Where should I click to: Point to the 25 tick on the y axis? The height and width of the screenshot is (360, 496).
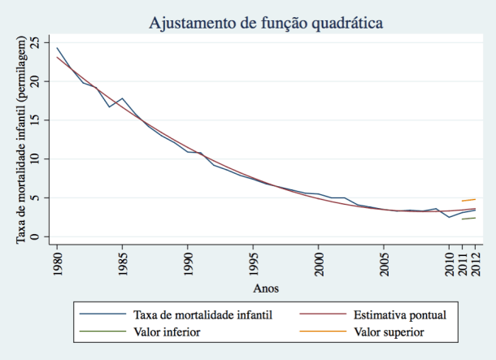pyautogui.click(x=33, y=42)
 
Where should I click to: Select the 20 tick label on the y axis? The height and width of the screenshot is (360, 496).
pyautogui.click(x=33, y=81)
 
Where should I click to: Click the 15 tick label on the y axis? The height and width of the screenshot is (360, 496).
pyautogui.click(x=33, y=120)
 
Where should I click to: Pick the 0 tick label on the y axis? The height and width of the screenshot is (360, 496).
pyautogui.click(x=33, y=237)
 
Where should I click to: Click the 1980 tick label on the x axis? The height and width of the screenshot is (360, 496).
pyautogui.click(x=57, y=262)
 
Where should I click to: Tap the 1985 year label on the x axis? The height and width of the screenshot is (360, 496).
pyautogui.click(x=122, y=262)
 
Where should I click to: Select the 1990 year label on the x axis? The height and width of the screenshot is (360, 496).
pyautogui.click(x=187, y=262)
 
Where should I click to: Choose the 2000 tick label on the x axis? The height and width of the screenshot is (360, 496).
pyautogui.click(x=318, y=262)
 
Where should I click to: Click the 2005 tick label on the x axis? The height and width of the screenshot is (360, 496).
pyautogui.click(x=383, y=262)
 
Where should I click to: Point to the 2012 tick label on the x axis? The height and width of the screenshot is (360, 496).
pyautogui.click(x=475, y=262)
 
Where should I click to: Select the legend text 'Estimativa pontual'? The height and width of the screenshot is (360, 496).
pyautogui.click(x=400, y=314)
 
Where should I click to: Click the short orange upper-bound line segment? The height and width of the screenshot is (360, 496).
pyautogui.click(x=468, y=200)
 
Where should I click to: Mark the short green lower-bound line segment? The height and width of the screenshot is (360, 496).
pyautogui.click(x=468, y=218)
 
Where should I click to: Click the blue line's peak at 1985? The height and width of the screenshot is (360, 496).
pyautogui.click(x=122, y=98)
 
